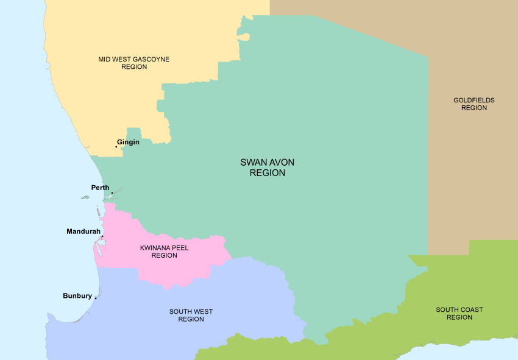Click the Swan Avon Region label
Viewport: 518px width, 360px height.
click(263, 168)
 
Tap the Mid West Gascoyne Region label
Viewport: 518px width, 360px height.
click(134, 63)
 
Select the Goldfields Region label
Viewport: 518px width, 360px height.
click(474, 104)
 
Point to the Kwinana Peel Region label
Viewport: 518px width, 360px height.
click(164, 252)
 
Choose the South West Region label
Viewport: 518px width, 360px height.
click(191, 315)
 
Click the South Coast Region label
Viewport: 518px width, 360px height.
click(459, 313)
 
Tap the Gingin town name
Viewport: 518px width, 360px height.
click(128, 142)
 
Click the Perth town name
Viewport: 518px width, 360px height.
click(100, 187)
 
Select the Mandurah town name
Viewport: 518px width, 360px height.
click(83, 231)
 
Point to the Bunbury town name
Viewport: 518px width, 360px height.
click(77, 296)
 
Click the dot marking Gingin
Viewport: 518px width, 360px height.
click(116, 146)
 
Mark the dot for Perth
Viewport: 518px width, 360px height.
click(112, 193)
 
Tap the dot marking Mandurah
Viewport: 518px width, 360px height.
click(102, 236)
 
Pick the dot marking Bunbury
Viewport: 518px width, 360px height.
click(96, 298)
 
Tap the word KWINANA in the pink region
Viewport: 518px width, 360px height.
click(155, 248)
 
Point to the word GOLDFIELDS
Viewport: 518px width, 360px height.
click(474, 100)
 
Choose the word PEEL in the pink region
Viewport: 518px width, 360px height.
click(180, 248)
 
